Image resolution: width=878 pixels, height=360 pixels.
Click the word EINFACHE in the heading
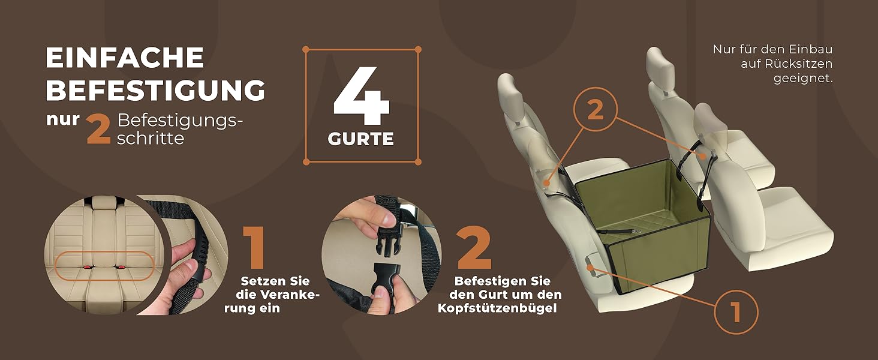(x=125, y=57)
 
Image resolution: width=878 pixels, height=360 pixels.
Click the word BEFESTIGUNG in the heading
(x=155, y=90)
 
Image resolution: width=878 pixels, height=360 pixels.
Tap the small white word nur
(x=63, y=119)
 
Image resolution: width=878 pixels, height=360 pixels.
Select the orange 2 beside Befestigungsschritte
(x=98, y=129)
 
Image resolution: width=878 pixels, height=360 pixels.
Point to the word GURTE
(x=360, y=139)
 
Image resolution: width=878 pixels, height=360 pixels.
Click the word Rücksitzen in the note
(x=786, y=64)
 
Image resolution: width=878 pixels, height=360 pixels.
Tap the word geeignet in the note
(x=803, y=79)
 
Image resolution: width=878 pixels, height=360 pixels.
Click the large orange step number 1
(x=254, y=247)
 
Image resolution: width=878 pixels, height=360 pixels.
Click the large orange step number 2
(x=474, y=247)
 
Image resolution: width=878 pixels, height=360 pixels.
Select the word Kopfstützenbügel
(x=497, y=308)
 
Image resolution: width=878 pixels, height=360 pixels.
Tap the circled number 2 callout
(x=596, y=109)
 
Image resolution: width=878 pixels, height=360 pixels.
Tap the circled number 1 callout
(x=736, y=312)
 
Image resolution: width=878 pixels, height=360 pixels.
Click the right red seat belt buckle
(x=121, y=268)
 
